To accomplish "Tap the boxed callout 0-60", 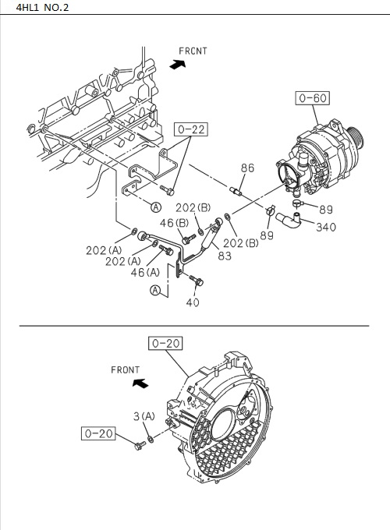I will (x=312, y=98).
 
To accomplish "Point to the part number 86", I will (x=247, y=168).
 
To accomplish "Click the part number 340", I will (x=327, y=228).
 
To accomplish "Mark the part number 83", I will (x=225, y=255).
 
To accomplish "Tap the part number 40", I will (x=193, y=302).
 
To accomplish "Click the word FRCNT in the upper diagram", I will (x=193, y=51).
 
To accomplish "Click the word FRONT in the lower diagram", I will (x=125, y=369).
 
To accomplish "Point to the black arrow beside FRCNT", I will (x=179, y=66).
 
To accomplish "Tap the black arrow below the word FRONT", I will (x=140, y=383).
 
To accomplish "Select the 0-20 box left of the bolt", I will (x=99, y=433).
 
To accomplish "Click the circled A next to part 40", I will (x=156, y=291).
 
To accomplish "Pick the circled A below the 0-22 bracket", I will (x=155, y=207).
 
